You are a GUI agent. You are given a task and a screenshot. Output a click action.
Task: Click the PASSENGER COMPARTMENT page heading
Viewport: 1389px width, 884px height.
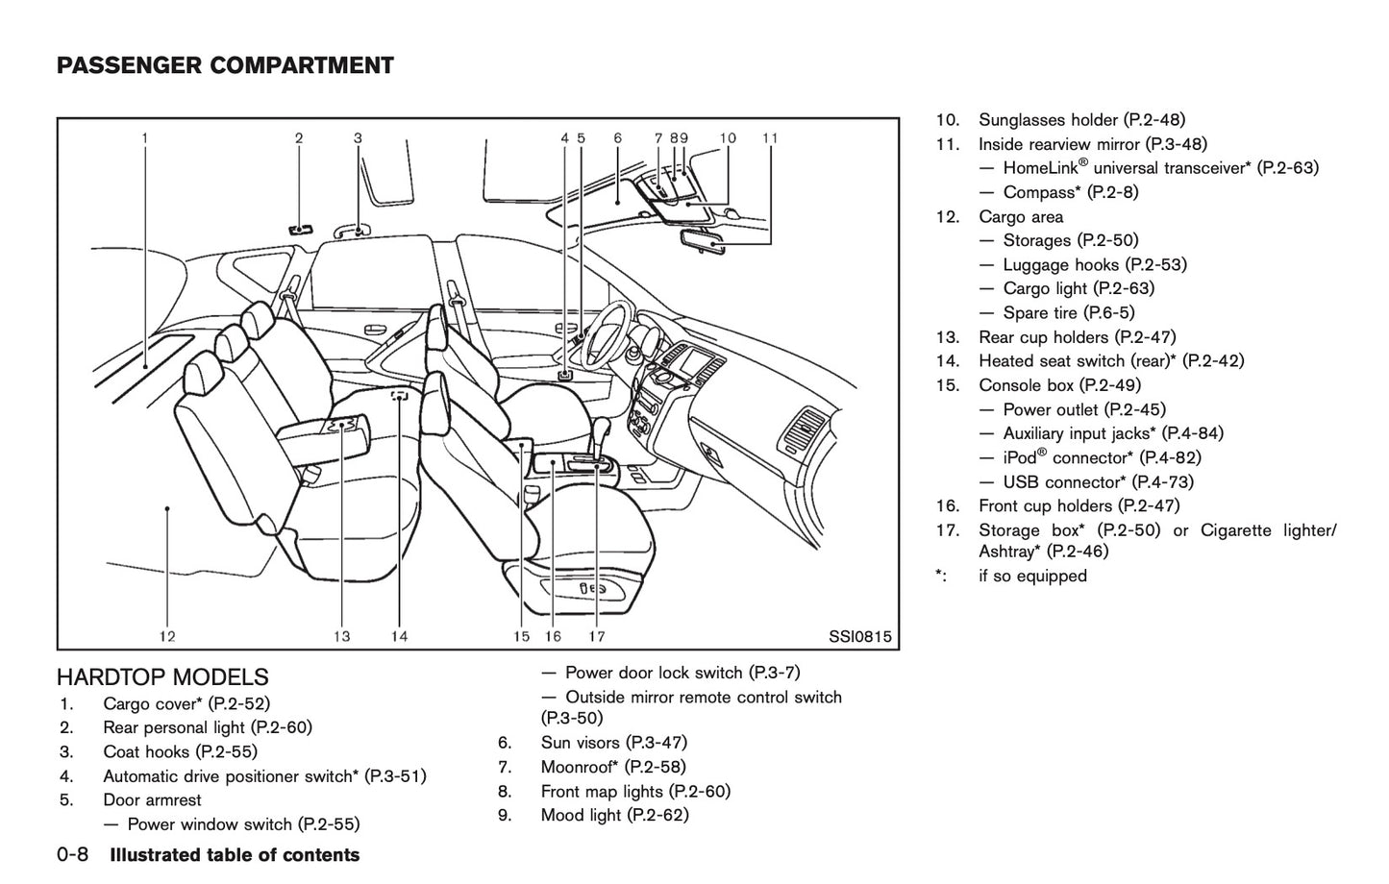coord(225,65)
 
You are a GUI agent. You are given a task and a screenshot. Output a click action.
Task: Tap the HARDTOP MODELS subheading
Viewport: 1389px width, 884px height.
coord(162,677)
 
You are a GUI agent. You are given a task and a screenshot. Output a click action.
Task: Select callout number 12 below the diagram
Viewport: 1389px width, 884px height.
coord(167,635)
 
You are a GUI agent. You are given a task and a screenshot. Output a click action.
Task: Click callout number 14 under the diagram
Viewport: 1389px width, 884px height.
coord(399,635)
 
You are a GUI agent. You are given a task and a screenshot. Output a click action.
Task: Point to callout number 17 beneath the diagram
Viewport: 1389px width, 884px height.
coord(596,635)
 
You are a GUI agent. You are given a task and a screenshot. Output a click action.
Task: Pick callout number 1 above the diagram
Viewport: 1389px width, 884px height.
coord(145,138)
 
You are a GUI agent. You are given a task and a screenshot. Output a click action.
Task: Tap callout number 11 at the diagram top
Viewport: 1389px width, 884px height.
coord(770,138)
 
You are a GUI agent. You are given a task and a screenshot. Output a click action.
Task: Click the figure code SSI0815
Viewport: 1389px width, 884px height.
coord(859,636)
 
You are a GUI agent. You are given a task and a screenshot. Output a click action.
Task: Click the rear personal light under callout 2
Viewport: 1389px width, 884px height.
coord(299,229)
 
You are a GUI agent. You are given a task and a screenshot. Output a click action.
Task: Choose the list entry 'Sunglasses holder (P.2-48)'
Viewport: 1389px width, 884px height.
coord(1081,120)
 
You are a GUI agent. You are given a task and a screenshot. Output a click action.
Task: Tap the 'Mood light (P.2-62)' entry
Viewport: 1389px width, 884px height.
coord(614,815)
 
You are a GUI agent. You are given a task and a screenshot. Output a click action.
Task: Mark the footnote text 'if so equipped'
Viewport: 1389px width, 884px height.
coord(1032,576)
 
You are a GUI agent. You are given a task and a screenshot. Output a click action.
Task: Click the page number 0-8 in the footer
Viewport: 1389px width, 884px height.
coord(74,855)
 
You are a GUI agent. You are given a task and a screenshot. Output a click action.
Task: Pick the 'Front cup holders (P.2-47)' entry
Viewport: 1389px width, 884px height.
coord(1079,505)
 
